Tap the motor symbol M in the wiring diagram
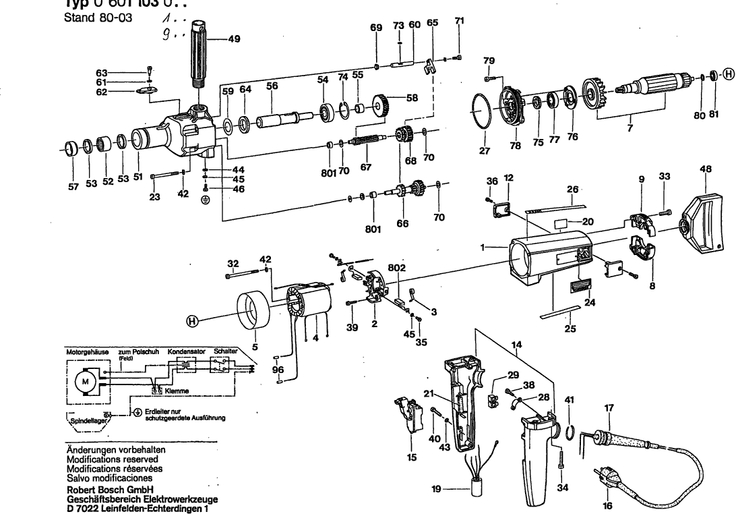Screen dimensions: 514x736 86,382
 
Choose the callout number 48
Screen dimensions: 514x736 706,170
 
